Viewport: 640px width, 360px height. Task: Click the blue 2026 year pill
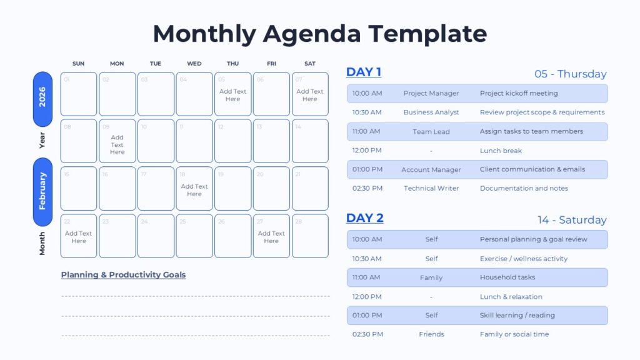point(42,99)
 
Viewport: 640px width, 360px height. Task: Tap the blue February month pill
point(42,192)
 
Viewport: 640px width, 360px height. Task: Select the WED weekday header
point(194,64)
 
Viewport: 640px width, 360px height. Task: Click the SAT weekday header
point(310,64)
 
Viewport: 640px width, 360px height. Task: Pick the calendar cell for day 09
point(117,141)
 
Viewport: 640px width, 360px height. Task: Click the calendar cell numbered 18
point(194,188)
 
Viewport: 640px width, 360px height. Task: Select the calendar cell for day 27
point(271,236)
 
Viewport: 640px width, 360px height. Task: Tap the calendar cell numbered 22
point(79,236)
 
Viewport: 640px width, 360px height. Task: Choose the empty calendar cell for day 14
point(310,141)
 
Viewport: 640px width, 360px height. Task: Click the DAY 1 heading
point(364,72)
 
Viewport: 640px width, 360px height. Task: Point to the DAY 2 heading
point(365,218)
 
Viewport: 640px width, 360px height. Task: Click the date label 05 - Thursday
point(570,74)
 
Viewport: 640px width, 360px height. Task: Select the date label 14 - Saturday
point(572,220)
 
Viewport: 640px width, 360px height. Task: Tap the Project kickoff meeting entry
point(519,93)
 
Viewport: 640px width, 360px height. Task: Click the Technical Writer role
point(431,188)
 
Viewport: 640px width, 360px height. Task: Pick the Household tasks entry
point(507,277)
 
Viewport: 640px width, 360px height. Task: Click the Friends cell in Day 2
point(431,334)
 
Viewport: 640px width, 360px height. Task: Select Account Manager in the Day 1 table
point(431,169)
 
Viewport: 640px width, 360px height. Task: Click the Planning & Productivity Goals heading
point(123,275)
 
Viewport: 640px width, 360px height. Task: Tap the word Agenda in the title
point(312,34)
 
